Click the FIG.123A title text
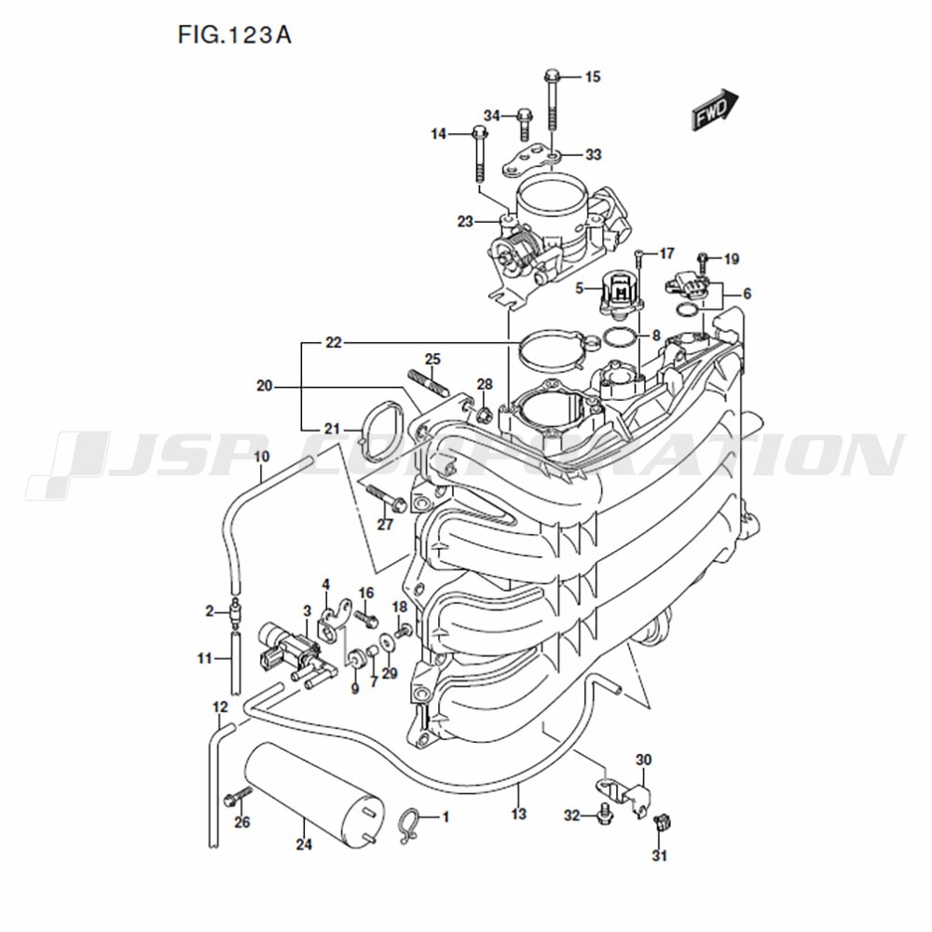[234, 35]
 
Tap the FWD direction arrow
[715, 109]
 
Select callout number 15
[593, 76]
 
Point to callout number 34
[491, 116]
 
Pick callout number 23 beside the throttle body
[465, 222]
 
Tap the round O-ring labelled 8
[618, 337]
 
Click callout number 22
[334, 343]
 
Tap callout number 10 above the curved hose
[262, 457]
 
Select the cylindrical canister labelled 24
[314, 790]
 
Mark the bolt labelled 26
[239, 796]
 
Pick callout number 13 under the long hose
[519, 813]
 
